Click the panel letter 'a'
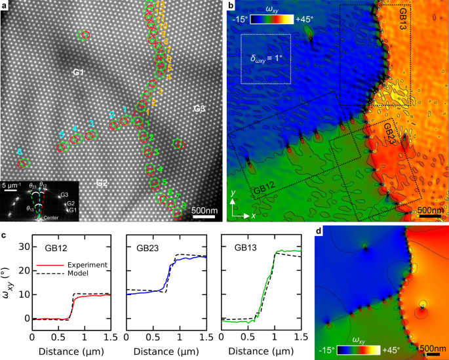[5, 6]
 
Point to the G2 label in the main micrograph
[102, 182]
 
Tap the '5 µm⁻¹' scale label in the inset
[14, 186]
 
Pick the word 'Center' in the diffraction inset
[50, 217]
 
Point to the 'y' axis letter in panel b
[233, 194]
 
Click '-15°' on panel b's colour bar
[239, 19]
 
